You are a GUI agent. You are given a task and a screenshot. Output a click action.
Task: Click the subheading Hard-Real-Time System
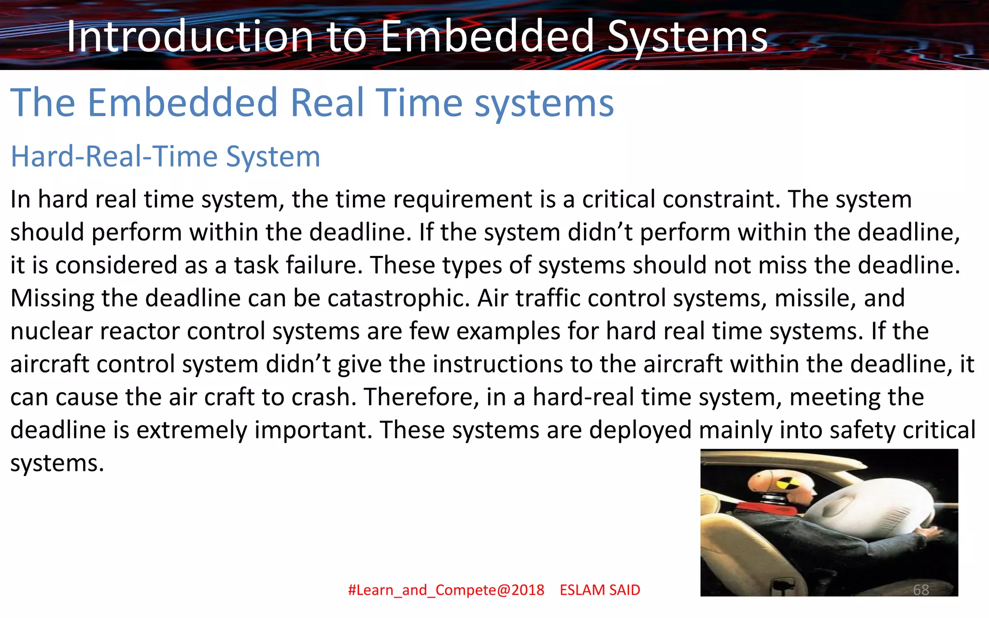pos(165,156)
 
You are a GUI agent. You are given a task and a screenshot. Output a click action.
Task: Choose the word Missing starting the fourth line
pos(52,298)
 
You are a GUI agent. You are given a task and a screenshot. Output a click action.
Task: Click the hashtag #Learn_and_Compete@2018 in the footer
pos(446,590)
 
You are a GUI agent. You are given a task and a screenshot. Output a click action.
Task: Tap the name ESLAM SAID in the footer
pos(600,590)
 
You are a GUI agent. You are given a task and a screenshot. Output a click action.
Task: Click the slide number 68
pos(920,590)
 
